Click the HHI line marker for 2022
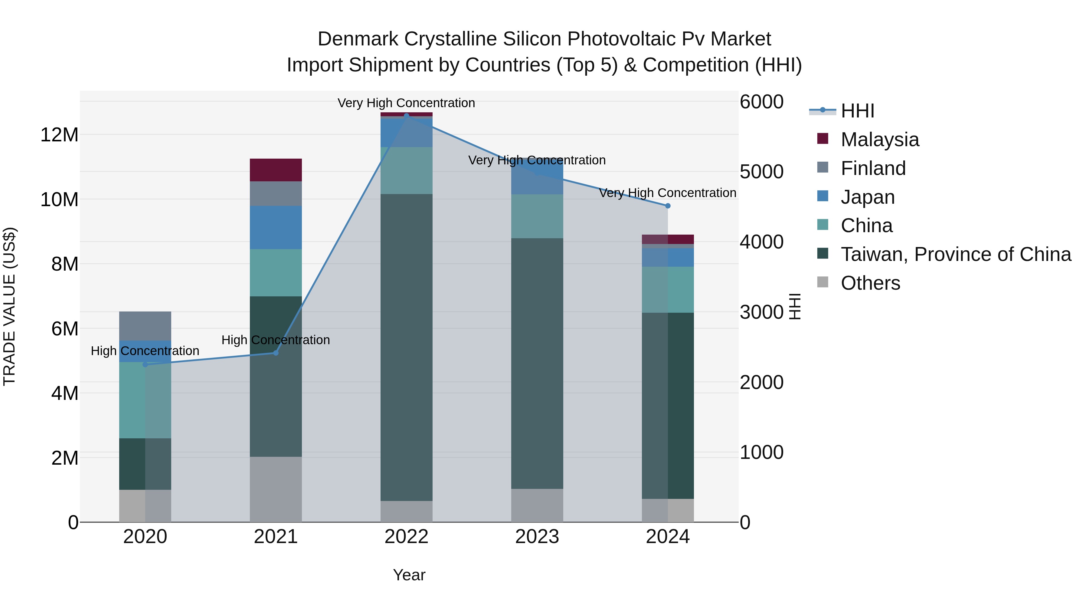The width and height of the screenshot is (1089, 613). [406, 116]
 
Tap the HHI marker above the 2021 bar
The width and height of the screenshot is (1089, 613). [276, 353]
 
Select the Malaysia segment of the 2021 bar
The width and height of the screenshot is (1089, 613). [276, 170]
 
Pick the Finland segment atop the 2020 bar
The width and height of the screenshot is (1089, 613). [145, 326]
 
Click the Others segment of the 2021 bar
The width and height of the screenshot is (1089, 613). [276, 489]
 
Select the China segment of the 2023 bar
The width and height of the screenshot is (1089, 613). [537, 216]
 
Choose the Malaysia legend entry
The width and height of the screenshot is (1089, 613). [879, 140]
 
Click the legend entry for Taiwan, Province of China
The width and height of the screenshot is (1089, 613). [955, 254]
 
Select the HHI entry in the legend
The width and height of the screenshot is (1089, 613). [857, 111]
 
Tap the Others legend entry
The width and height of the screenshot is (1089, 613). [870, 283]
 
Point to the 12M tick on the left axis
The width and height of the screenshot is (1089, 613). [59, 135]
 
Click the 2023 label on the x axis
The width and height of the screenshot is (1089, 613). [537, 537]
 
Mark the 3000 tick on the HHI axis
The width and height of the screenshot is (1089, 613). [761, 312]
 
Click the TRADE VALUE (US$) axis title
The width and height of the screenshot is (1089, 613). [9, 306]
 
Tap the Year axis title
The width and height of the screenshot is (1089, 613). [409, 575]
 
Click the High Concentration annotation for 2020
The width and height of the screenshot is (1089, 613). [145, 351]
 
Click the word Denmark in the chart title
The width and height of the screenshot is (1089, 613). [358, 39]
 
